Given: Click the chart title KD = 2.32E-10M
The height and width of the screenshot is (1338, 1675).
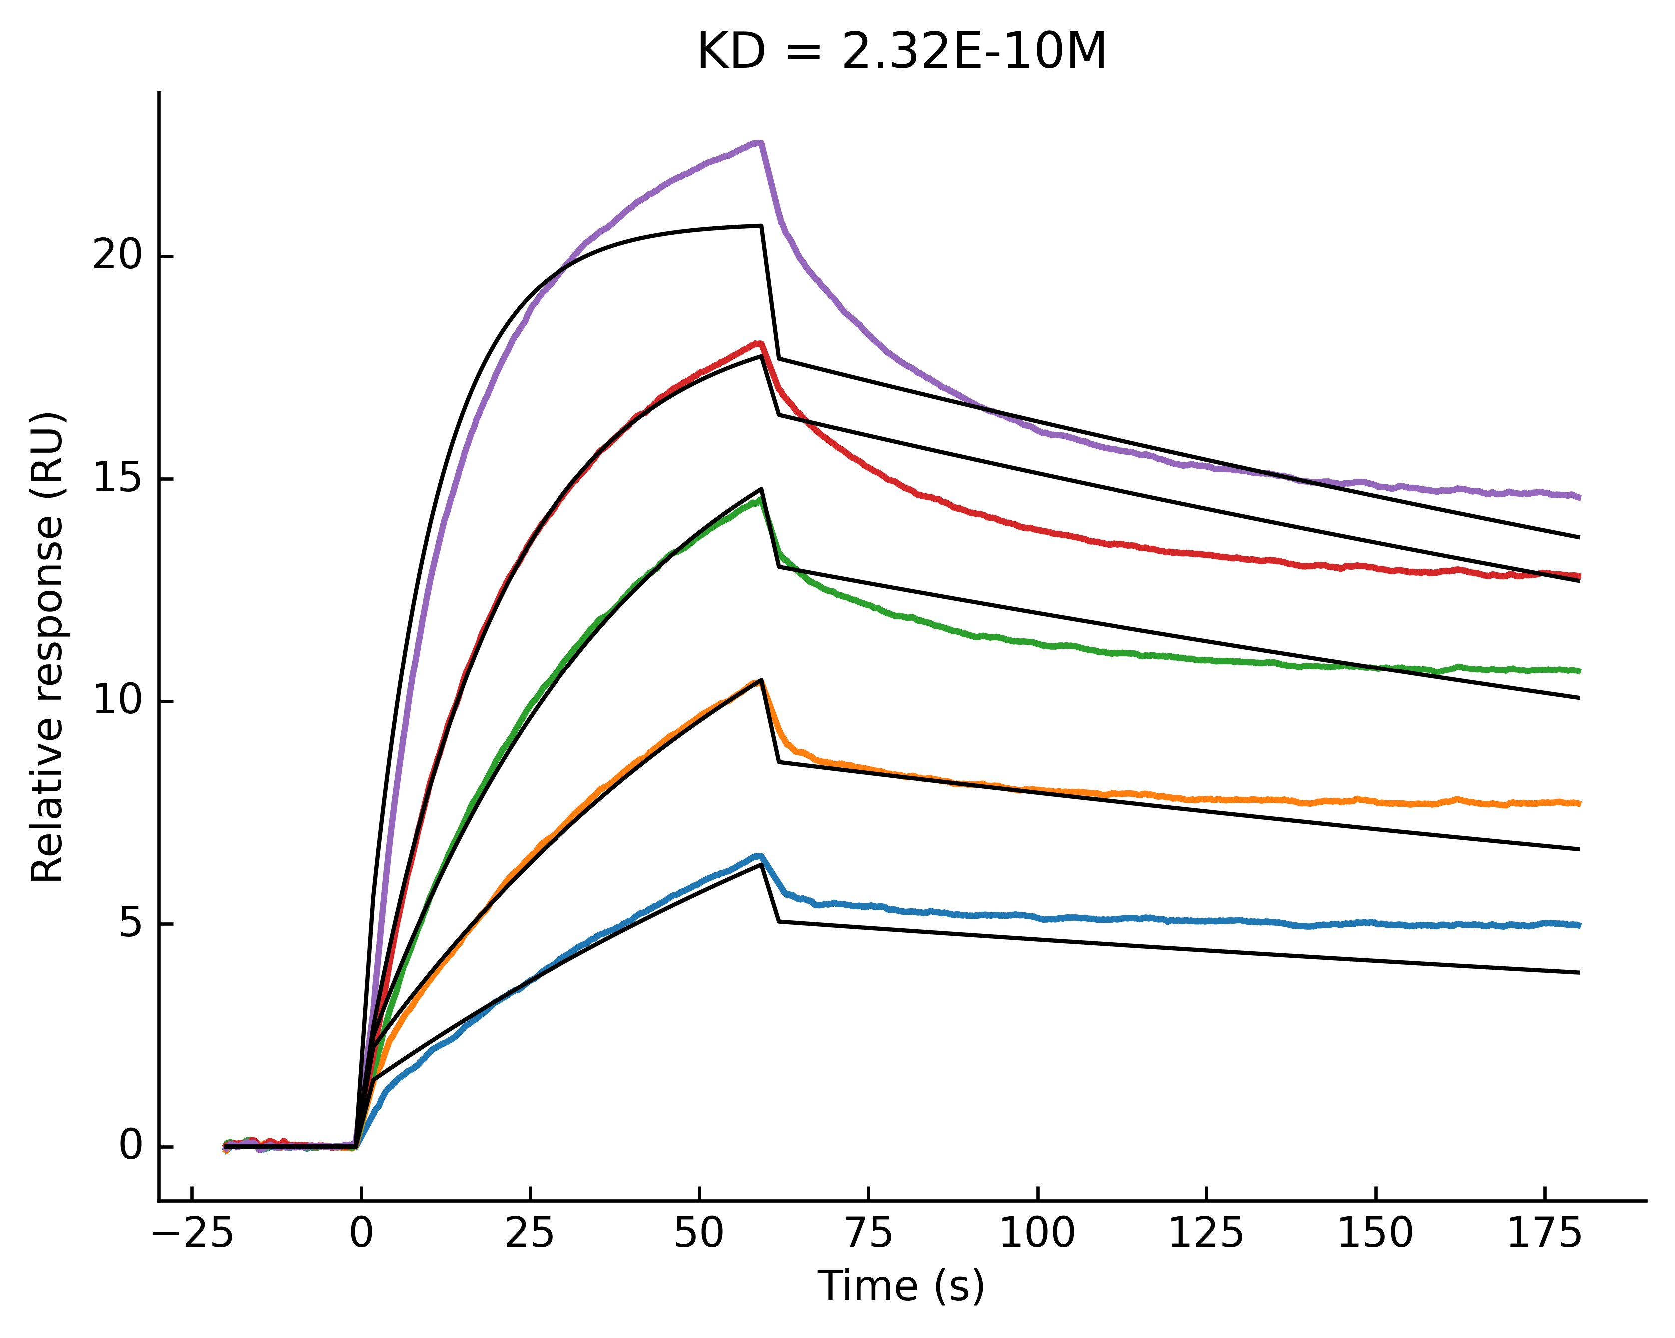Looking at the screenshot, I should (901, 53).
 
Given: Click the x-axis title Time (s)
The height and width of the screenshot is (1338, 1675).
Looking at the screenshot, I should (901, 1286).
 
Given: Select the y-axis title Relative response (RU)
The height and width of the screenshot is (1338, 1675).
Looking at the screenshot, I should (48, 647).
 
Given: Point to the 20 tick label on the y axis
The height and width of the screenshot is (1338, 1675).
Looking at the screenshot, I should (119, 256).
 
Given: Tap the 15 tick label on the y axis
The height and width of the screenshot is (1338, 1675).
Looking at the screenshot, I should (119, 479).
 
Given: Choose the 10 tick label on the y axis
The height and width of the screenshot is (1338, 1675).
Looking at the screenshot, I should (119, 701).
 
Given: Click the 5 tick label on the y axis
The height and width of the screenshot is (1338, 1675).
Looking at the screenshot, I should (132, 924).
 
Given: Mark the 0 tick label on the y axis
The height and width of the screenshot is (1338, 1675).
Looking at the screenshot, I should (132, 1146).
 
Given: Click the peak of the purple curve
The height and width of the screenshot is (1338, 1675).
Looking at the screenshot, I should (759, 143).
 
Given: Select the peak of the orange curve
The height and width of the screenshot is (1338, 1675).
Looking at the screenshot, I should (759, 681).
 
